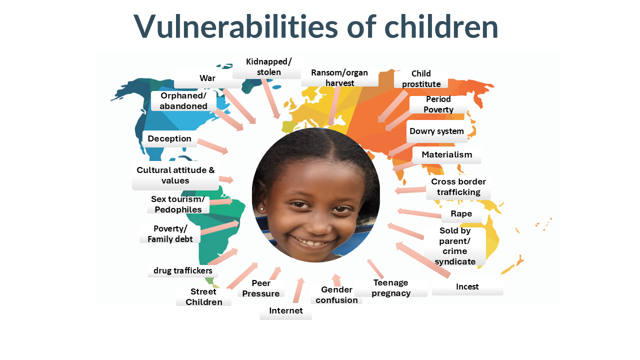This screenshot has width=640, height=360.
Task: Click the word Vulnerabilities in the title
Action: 235,26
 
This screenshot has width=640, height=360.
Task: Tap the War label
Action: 207,78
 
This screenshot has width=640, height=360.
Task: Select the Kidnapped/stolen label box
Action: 268,67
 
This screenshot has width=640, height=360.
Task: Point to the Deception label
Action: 169,139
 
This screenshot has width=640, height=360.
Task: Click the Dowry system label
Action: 436,131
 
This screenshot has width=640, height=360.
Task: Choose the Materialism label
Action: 447,155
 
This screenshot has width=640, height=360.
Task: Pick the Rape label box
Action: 461,214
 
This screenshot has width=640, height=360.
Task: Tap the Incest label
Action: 467,286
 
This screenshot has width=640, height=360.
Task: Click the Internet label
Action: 285,311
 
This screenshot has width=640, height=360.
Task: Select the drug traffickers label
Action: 183,270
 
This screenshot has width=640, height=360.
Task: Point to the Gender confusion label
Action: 336,295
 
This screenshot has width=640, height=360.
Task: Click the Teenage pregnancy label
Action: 391,288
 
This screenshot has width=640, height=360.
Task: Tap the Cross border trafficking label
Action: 458,187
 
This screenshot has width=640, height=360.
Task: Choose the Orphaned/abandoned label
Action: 183,101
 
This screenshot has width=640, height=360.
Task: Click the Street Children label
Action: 203,297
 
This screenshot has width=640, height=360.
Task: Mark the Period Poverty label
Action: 438,104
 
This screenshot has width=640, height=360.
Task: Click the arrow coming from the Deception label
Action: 213,146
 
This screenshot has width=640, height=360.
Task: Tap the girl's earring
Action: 261,209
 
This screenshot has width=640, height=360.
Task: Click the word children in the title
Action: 441,26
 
